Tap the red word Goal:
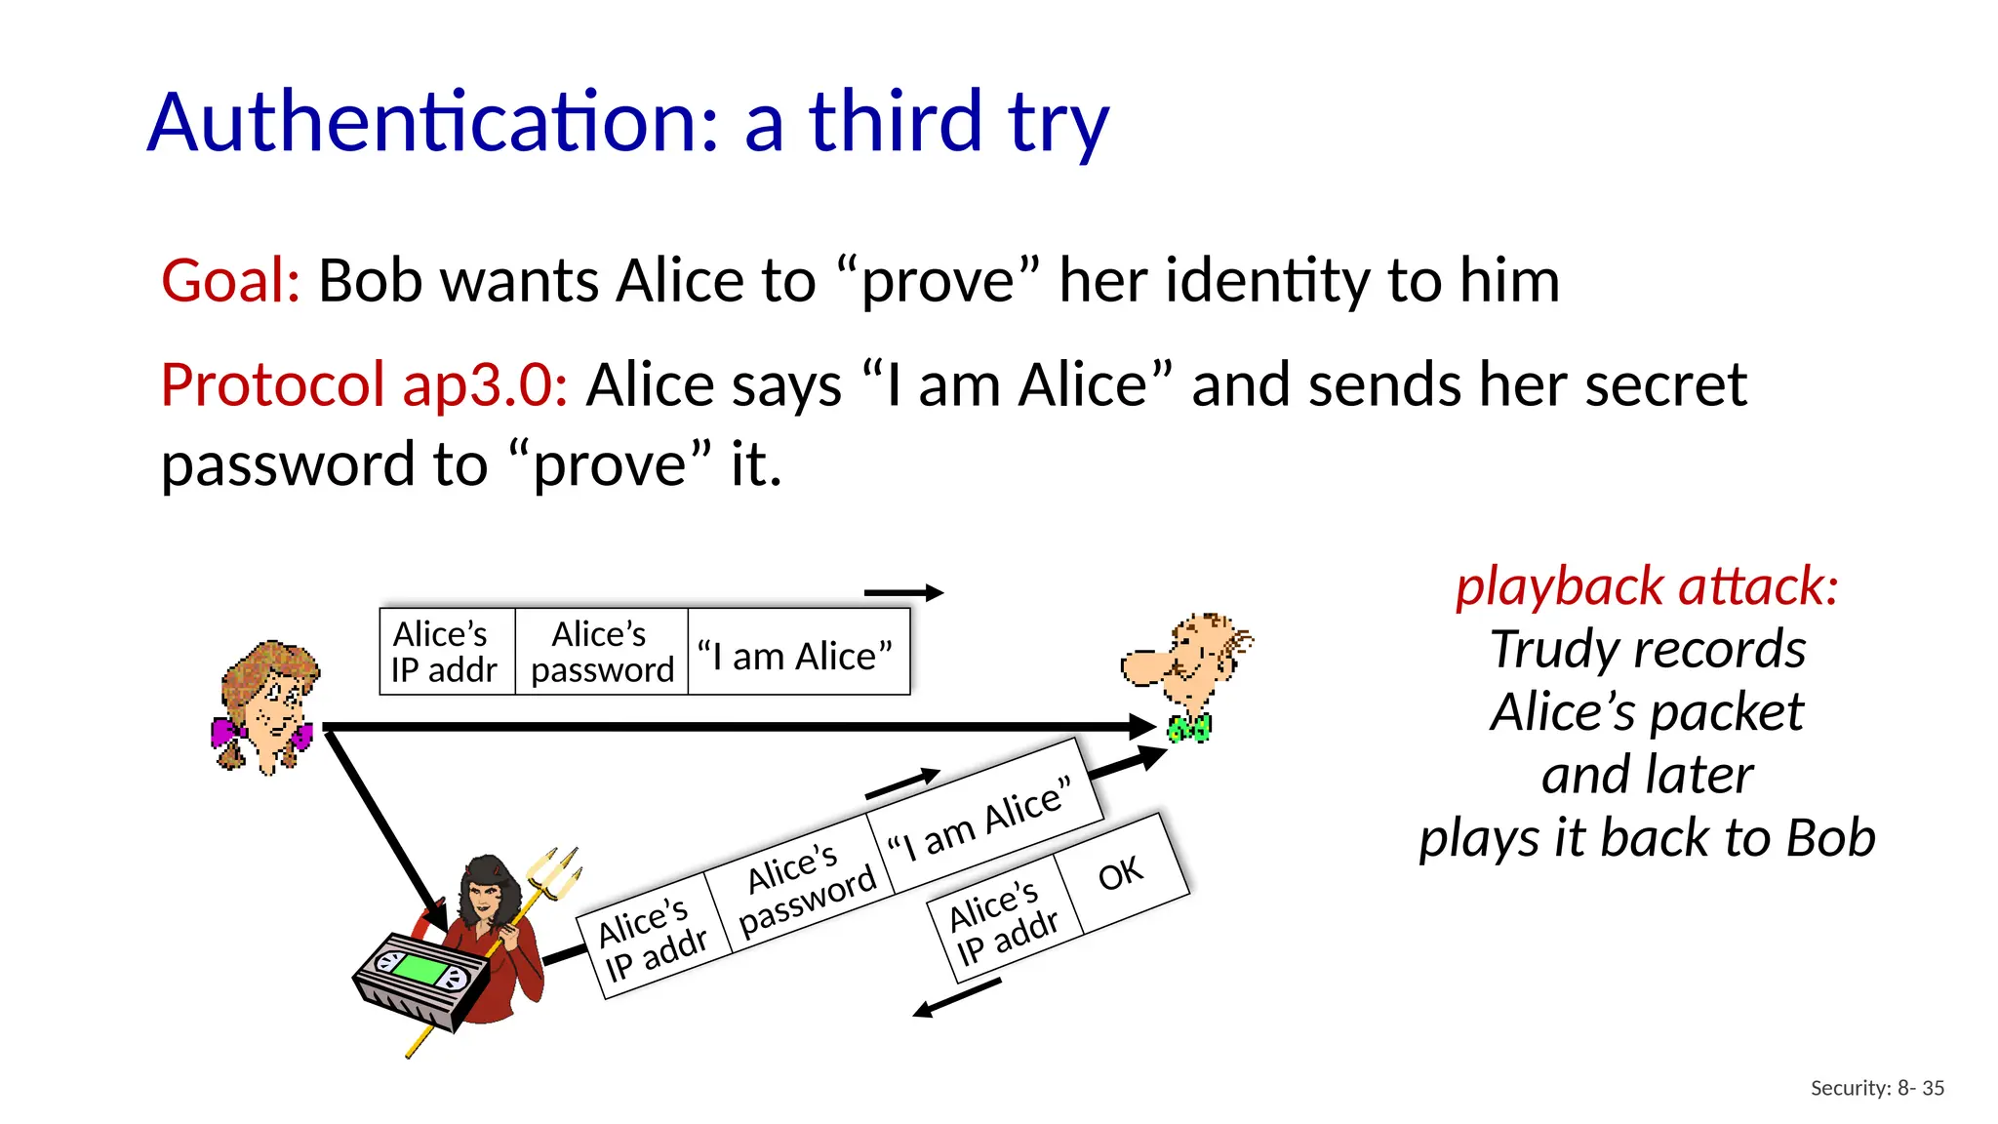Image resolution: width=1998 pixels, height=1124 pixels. pyautogui.click(x=230, y=281)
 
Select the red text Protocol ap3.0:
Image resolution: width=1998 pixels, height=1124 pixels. pyautogui.click(x=364, y=384)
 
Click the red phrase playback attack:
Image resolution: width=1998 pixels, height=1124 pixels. pyautogui.click(x=1647, y=586)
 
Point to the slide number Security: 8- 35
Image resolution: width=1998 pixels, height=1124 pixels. pyautogui.click(x=1877, y=1088)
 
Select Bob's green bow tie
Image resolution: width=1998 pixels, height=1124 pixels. pyautogui.click(x=1190, y=728)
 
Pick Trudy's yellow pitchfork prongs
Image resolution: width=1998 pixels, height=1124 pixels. pyautogui.click(x=556, y=871)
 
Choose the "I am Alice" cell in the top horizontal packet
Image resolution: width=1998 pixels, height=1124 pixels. pyautogui.click(x=796, y=656)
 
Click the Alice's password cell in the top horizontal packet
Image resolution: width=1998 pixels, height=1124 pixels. pyautogui.click(x=601, y=652)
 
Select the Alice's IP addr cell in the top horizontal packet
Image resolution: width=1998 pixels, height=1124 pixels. pyautogui.click(x=445, y=652)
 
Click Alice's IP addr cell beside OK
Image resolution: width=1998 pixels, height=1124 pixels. pyautogui.click(x=1004, y=922)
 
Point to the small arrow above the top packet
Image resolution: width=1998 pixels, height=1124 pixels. pyautogui.click(x=903, y=592)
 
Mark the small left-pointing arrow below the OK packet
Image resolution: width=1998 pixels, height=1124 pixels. pyautogui.click(x=956, y=999)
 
